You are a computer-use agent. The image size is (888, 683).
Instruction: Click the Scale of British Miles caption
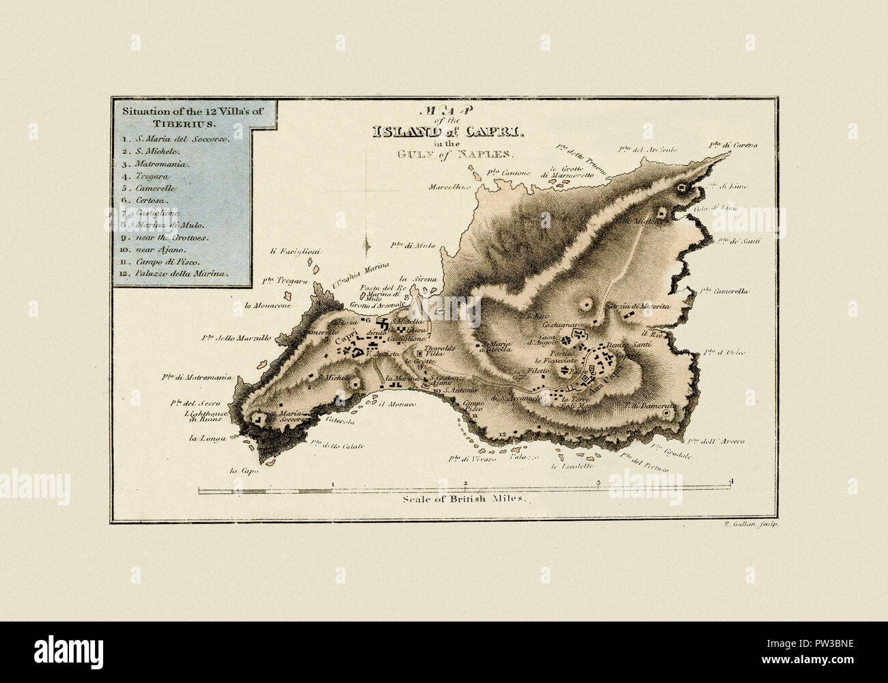click(467, 499)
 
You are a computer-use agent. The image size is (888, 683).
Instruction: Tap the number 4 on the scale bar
click(732, 482)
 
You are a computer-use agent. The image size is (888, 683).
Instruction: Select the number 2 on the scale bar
click(465, 482)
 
